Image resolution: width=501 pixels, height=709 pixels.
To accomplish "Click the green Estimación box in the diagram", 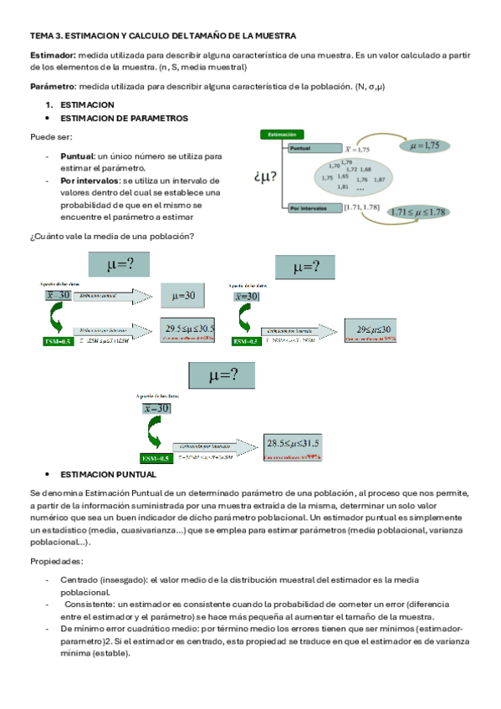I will tap(280, 134).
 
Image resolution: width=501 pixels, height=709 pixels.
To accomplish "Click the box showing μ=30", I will tap(182, 296).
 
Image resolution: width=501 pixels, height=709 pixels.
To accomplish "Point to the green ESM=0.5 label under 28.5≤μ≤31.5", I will tap(156, 458).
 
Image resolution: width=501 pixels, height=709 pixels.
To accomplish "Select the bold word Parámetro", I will tap(52, 87).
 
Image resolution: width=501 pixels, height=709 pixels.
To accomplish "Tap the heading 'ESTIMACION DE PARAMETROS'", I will tap(125, 119).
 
